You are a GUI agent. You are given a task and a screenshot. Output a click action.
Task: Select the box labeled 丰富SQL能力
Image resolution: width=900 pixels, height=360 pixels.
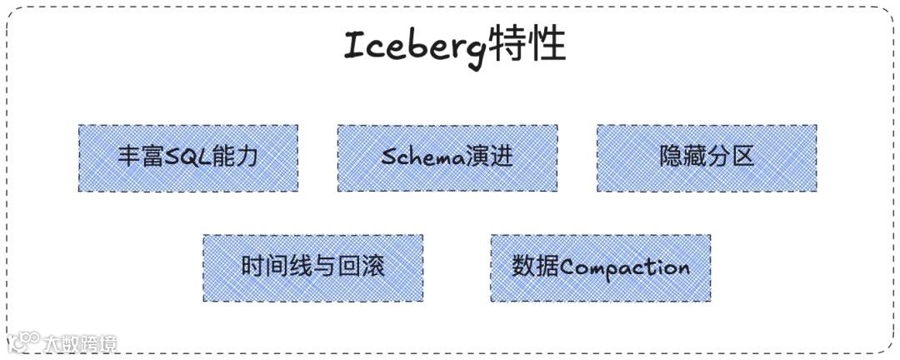click(188, 158)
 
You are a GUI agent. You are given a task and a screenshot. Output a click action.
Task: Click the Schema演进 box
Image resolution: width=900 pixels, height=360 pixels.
click(447, 158)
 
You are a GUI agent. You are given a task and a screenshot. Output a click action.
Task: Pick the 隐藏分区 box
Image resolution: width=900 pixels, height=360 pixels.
click(707, 158)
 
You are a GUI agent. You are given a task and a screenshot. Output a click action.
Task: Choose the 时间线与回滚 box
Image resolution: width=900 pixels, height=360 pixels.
click(312, 267)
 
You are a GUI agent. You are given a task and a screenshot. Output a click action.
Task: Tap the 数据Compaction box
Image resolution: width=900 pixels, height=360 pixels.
click(600, 267)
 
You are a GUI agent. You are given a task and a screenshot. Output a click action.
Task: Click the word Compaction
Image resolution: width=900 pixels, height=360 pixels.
click(625, 268)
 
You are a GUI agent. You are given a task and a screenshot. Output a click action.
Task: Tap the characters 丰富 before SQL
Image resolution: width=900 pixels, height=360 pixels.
click(140, 157)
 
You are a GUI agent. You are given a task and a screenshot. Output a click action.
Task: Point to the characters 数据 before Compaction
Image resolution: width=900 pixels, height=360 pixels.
click(535, 267)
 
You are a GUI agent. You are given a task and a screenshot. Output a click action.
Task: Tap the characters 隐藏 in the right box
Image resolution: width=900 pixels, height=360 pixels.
click(682, 156)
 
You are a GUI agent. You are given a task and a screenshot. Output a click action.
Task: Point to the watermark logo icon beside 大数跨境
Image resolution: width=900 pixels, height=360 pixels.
click(24, 342)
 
